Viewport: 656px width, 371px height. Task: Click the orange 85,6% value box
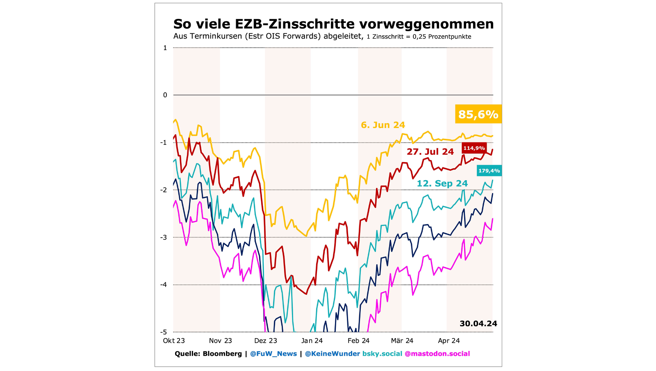(478, 114)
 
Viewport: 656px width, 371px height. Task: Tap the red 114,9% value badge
(474, 148)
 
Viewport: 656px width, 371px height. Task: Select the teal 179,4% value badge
(489, 171)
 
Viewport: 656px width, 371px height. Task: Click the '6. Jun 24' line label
(383, 125)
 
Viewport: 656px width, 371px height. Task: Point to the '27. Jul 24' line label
(430, 152)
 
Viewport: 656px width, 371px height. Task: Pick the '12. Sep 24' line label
(442, 183)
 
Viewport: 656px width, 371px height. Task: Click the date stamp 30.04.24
(478, 323)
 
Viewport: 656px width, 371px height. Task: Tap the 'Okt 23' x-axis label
(174, 341)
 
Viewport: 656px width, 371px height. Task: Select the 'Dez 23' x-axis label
(266, 341)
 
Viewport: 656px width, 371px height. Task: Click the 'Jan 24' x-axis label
(312, 341)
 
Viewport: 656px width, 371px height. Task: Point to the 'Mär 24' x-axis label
(402, 341)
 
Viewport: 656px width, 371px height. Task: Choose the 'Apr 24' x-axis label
(449, 341)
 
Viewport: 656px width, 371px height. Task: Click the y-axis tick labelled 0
(165, 95)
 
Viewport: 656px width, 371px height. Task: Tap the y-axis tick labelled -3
(164, 237)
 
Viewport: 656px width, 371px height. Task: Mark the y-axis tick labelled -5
(164, 332)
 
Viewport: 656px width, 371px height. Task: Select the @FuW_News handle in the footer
(273, 354)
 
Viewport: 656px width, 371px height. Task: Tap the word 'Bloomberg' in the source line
(222, 354)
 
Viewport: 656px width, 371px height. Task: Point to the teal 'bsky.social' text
(382, 354)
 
